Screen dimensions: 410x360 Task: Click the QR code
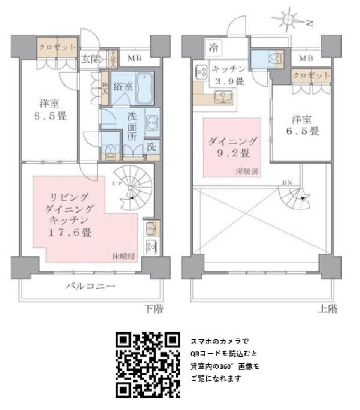[x=147, y=365]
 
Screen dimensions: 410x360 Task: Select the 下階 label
[x=154, y=309]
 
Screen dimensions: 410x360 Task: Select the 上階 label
[x=328, y=309]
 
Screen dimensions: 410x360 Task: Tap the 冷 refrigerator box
[x=214, y=48]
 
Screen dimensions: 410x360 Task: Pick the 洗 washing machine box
[x=151, y=147]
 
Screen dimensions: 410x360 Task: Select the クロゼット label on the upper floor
[x=312, y=75]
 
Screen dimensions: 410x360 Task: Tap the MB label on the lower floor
[x=134, y=58]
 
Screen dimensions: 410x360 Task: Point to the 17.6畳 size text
[x=70, y=233]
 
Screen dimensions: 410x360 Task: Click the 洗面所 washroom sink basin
[x=152, y=123]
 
